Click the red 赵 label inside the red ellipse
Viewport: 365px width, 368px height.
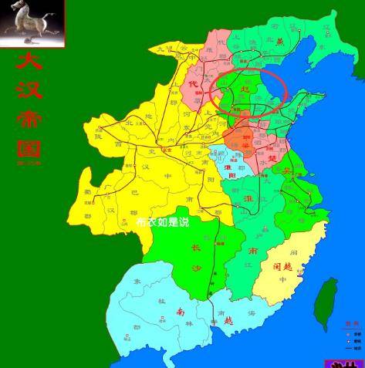246,90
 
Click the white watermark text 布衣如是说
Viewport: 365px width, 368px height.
162,221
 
